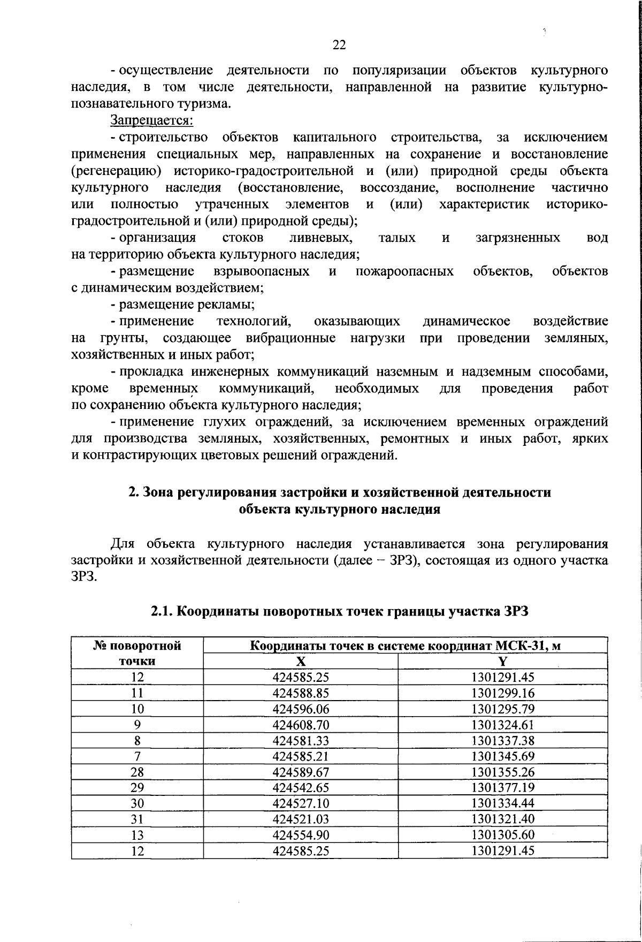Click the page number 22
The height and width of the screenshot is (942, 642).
click(339, 45)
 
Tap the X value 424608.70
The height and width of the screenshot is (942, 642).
click(301, 725)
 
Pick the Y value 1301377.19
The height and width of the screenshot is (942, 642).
click(502, 788)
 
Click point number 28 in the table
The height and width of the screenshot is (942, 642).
click(137, 772)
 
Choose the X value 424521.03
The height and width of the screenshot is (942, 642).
click(301, 819)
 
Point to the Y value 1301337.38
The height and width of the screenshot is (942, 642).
click(502, 741)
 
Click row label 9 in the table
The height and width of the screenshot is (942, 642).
click(137, 725)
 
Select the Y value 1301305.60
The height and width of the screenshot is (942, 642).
click(502, 835)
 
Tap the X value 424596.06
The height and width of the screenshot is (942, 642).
click(301, 709)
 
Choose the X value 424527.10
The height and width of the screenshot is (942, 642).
click(301, 803)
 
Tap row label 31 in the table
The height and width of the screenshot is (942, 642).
click(137, 819)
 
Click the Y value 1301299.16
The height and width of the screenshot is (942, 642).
click(502, 694)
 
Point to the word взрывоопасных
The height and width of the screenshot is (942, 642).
click(261, 271)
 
